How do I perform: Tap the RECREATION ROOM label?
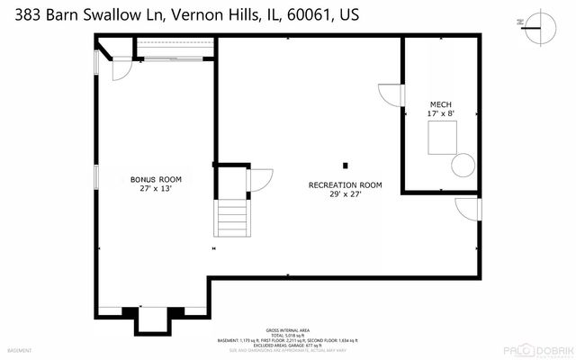click(346, 184)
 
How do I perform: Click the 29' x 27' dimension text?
click(346, 194)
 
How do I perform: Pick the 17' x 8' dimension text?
click(442, 114)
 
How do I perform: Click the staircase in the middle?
click(231, 219)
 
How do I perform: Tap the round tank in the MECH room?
click(463, 165)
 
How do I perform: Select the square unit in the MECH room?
click(442, 139)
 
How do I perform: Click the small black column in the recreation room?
click(346, 165)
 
